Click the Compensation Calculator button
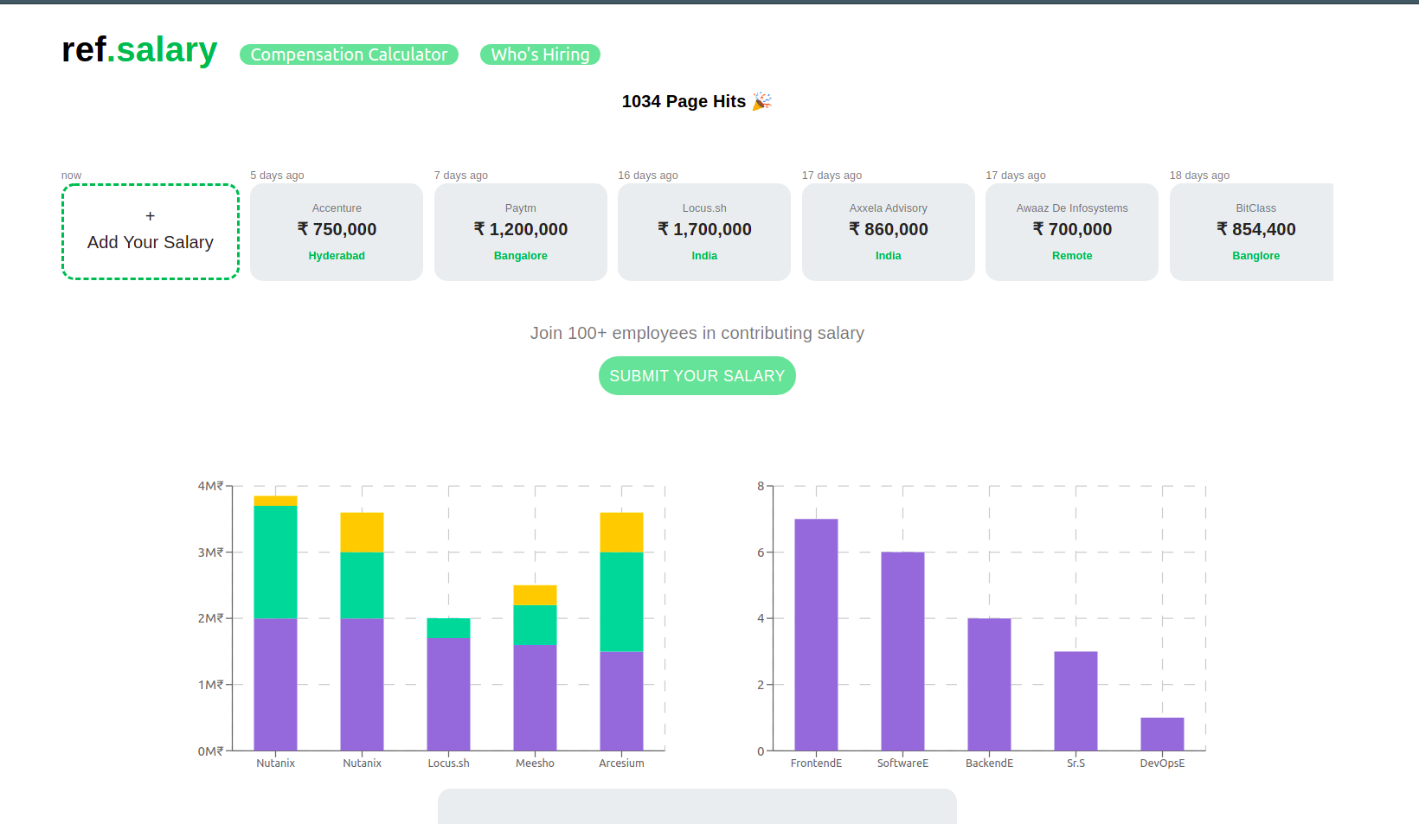point(349,54)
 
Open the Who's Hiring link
point(540,54)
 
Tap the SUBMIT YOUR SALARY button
point(697,376)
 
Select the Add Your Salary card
point(151,232)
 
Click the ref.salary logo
point(139,50)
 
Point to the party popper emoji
point(761,101)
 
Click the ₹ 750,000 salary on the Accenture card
point(337,229)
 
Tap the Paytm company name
point(520,208)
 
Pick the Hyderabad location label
point(337,256)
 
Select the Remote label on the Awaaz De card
point(1071,256)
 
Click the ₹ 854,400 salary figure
point(1255,229)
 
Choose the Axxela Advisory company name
point(888,208)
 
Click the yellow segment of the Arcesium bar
point(621,532)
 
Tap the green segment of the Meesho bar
point(535,624)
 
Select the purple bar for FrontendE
point(816,635)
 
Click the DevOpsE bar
point(1162,734)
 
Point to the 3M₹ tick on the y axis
point(210,553)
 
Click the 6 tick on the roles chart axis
point(761,553)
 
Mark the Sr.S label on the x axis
point(1075,763)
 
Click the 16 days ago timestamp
point(647,176)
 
